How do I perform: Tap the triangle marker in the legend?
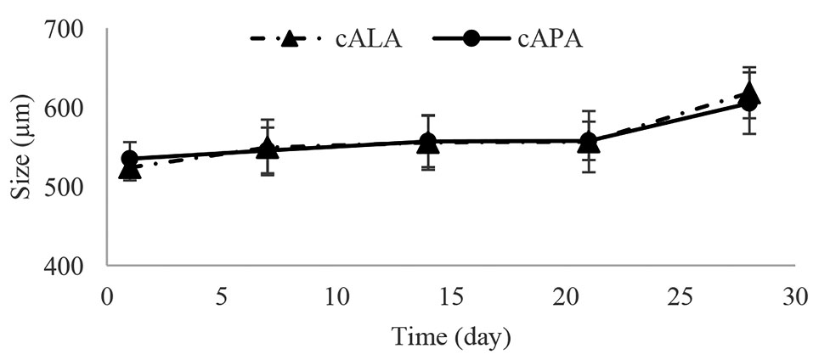(289, 39)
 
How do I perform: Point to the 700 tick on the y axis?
(64, 30)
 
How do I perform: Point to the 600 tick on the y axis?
(64, 109)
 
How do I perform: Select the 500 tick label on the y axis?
(64, 187)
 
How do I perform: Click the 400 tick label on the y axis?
(64, 266)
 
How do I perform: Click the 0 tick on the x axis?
(107, 298)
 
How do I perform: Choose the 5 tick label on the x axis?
(221, 298)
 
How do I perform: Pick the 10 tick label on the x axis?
(336, 298)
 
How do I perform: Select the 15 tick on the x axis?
(450, 298)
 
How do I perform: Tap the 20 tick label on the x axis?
(565, 298)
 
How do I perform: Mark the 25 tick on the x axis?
(680, 298)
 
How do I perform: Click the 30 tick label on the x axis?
(793, 298)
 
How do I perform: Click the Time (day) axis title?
(450, 336)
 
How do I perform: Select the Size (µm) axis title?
(22, 149)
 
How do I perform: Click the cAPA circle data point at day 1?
(130, 159)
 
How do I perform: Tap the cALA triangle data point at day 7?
(268, 149)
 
